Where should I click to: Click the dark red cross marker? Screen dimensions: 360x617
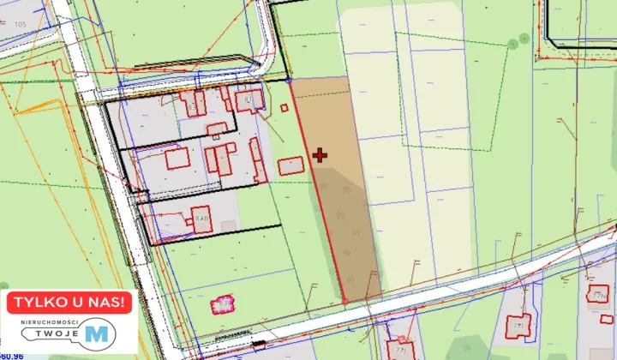(x=320, y=155)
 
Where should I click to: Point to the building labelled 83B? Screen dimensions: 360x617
(x=201, y=219)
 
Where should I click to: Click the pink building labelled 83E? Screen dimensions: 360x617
(x=222, y=303)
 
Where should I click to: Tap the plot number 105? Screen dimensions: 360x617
(x=21, y=23)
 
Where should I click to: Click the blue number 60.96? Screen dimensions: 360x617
(x=12, y=354)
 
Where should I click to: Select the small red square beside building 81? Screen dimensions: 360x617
(x=285, y=108)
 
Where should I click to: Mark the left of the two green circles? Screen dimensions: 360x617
(x=512, y=43)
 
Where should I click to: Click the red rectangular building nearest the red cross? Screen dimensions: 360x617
(x=291, y=165)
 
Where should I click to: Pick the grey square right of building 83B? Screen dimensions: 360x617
(x=228, y=226)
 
